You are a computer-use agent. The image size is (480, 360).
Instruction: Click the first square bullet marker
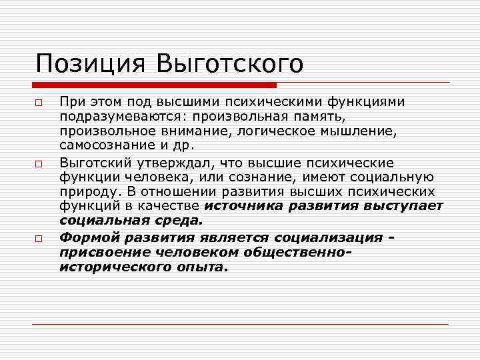coord(40,105)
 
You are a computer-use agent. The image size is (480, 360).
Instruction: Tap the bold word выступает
coord(403,207)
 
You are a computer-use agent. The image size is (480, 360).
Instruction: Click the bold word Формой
coord(87,237)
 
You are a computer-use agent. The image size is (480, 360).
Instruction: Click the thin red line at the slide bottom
coord(240,324)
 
